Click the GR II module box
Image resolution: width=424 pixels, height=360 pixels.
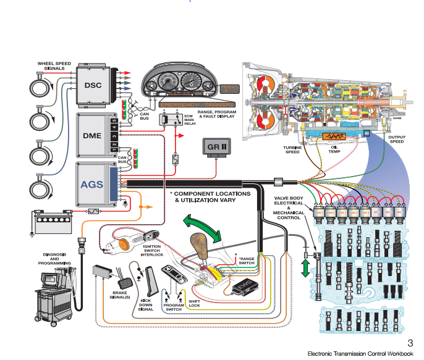[214, 148]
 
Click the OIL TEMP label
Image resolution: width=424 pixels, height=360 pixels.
[334, 149]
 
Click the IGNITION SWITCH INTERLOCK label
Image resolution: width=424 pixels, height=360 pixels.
[152, 251]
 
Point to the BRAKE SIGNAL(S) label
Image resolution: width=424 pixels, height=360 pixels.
[120, 296]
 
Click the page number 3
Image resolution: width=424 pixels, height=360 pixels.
[410, 343]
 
